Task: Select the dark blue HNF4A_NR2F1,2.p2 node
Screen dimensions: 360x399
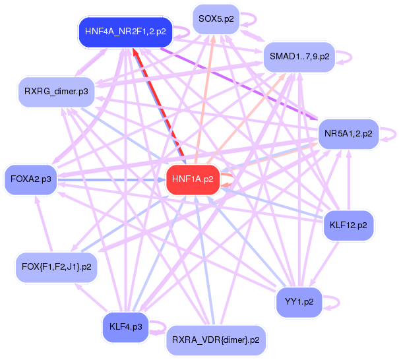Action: (x=125, y=31)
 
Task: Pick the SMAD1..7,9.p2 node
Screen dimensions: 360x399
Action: (x=299, y=57)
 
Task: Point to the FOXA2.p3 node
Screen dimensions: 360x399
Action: (x=32, y=178)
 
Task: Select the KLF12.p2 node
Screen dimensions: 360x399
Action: (x=348, y=225)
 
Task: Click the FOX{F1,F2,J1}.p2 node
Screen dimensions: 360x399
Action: (x=57, y=267)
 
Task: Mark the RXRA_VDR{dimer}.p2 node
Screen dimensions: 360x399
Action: (x=215, y=340)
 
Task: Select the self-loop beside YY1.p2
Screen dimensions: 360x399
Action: (x=334, y=301)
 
